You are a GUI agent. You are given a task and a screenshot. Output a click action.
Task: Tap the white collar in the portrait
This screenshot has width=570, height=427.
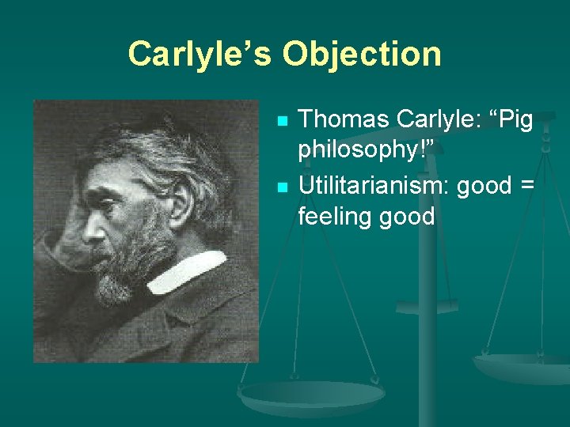tap(187, 271)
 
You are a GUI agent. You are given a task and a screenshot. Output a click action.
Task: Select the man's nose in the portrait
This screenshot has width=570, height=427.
tap(92, 229)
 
